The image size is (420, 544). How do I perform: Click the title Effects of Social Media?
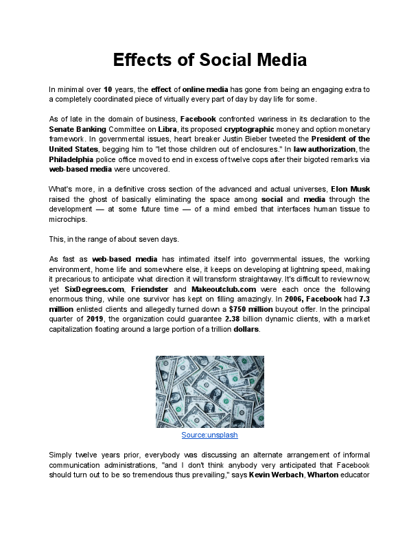pyautogui.click(x=209, y=60)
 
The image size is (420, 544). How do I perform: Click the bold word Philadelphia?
pyautogui.click(x=75, y=159)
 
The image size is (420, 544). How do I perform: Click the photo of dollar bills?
pyautogui.click(x=209, y=392)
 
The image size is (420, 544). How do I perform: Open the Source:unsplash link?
pyautogui.click(x=209, y=435)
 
